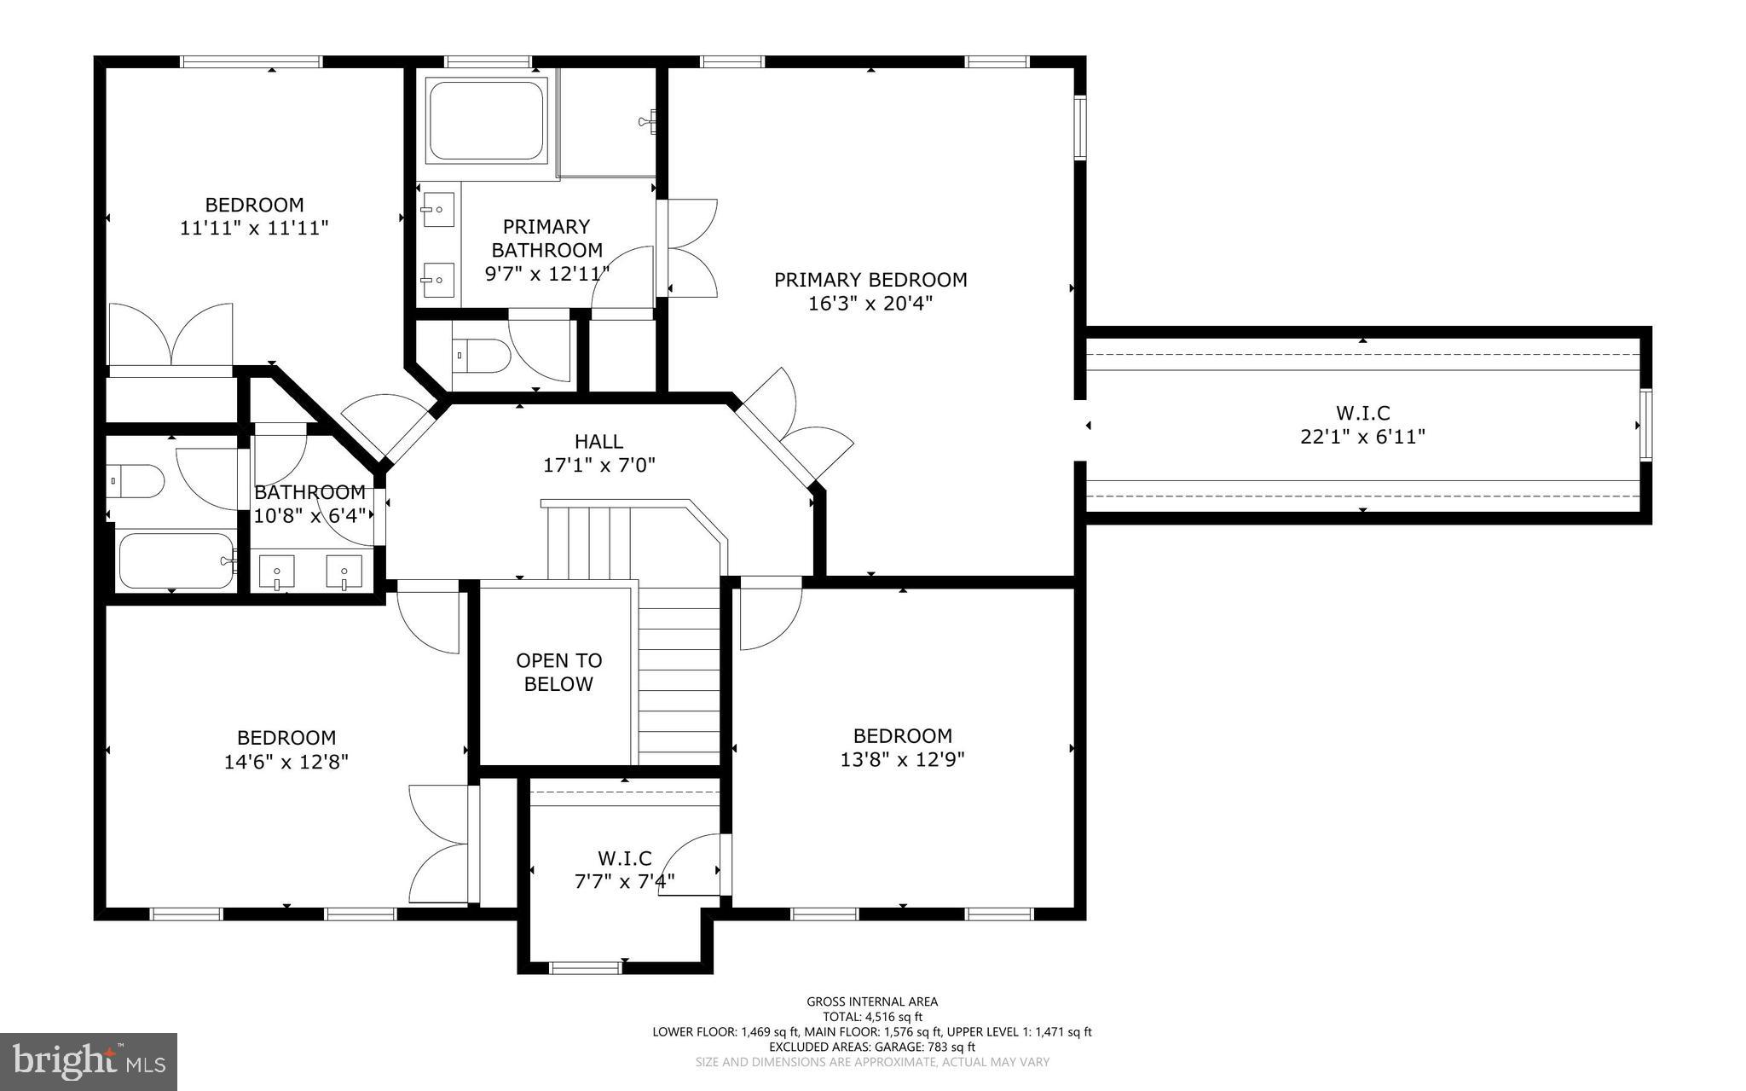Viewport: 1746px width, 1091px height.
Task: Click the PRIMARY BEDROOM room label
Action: pos(870,280)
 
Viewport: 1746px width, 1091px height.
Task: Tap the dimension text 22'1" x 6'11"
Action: pos(1362,437)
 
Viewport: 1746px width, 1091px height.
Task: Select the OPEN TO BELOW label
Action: pos(558,672)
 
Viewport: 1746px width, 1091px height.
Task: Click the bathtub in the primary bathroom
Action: pos(487,120)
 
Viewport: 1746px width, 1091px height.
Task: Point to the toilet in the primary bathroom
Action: pos(481,356)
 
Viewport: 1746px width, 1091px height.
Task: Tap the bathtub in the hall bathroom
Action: pos(176,562)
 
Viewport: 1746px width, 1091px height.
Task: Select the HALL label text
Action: pos(598,442)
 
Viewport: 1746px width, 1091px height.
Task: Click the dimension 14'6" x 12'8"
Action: pos(286,762)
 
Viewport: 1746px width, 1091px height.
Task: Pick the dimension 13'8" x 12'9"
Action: pos(902,759)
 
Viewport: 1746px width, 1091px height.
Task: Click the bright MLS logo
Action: pos(88,1061)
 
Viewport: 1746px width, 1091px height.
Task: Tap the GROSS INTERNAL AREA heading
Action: pos(872,1001)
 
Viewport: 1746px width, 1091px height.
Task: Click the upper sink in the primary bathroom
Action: pos(438,207)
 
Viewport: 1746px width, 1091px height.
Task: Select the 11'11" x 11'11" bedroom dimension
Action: pos(254,229)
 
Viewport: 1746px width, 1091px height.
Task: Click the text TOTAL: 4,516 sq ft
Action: pos(872,1017)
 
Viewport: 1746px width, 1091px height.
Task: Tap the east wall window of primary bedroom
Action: pos(1080,127)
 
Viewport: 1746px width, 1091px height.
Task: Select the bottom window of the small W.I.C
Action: pos(585,967)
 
